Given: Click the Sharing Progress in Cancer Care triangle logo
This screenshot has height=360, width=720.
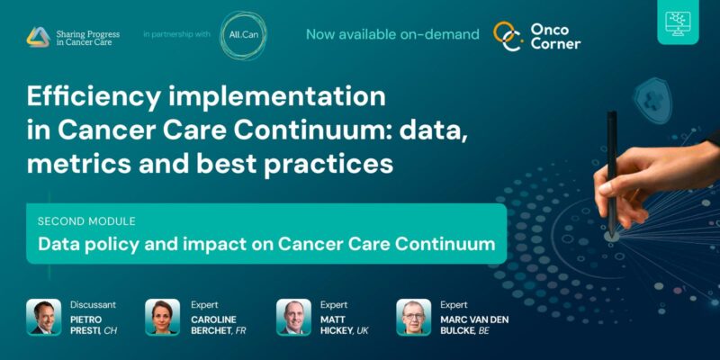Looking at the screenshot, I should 38,37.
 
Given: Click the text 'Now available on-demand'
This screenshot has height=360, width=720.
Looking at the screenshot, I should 392,35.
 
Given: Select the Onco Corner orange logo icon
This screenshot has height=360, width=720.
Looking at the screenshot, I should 508,36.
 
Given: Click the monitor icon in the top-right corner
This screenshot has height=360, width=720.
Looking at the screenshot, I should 681,26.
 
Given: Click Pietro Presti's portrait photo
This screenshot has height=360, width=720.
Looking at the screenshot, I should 43,317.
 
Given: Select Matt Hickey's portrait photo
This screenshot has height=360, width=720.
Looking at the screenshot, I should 293,317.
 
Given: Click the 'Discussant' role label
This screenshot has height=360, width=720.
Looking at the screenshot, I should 93,304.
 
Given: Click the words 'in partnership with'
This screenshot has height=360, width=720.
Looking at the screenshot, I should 176,35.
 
